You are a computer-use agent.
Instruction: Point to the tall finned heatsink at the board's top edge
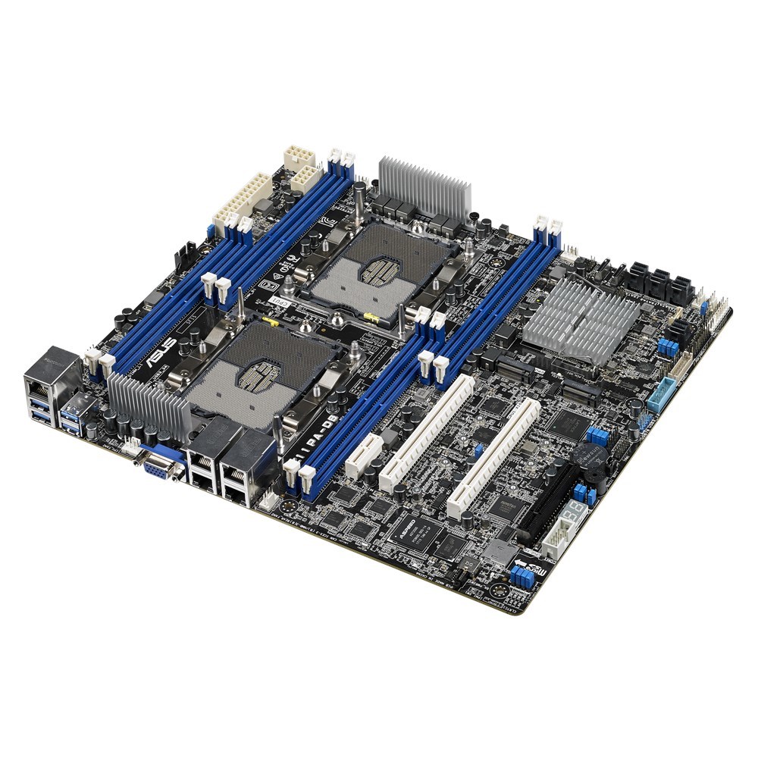point(424,186)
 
